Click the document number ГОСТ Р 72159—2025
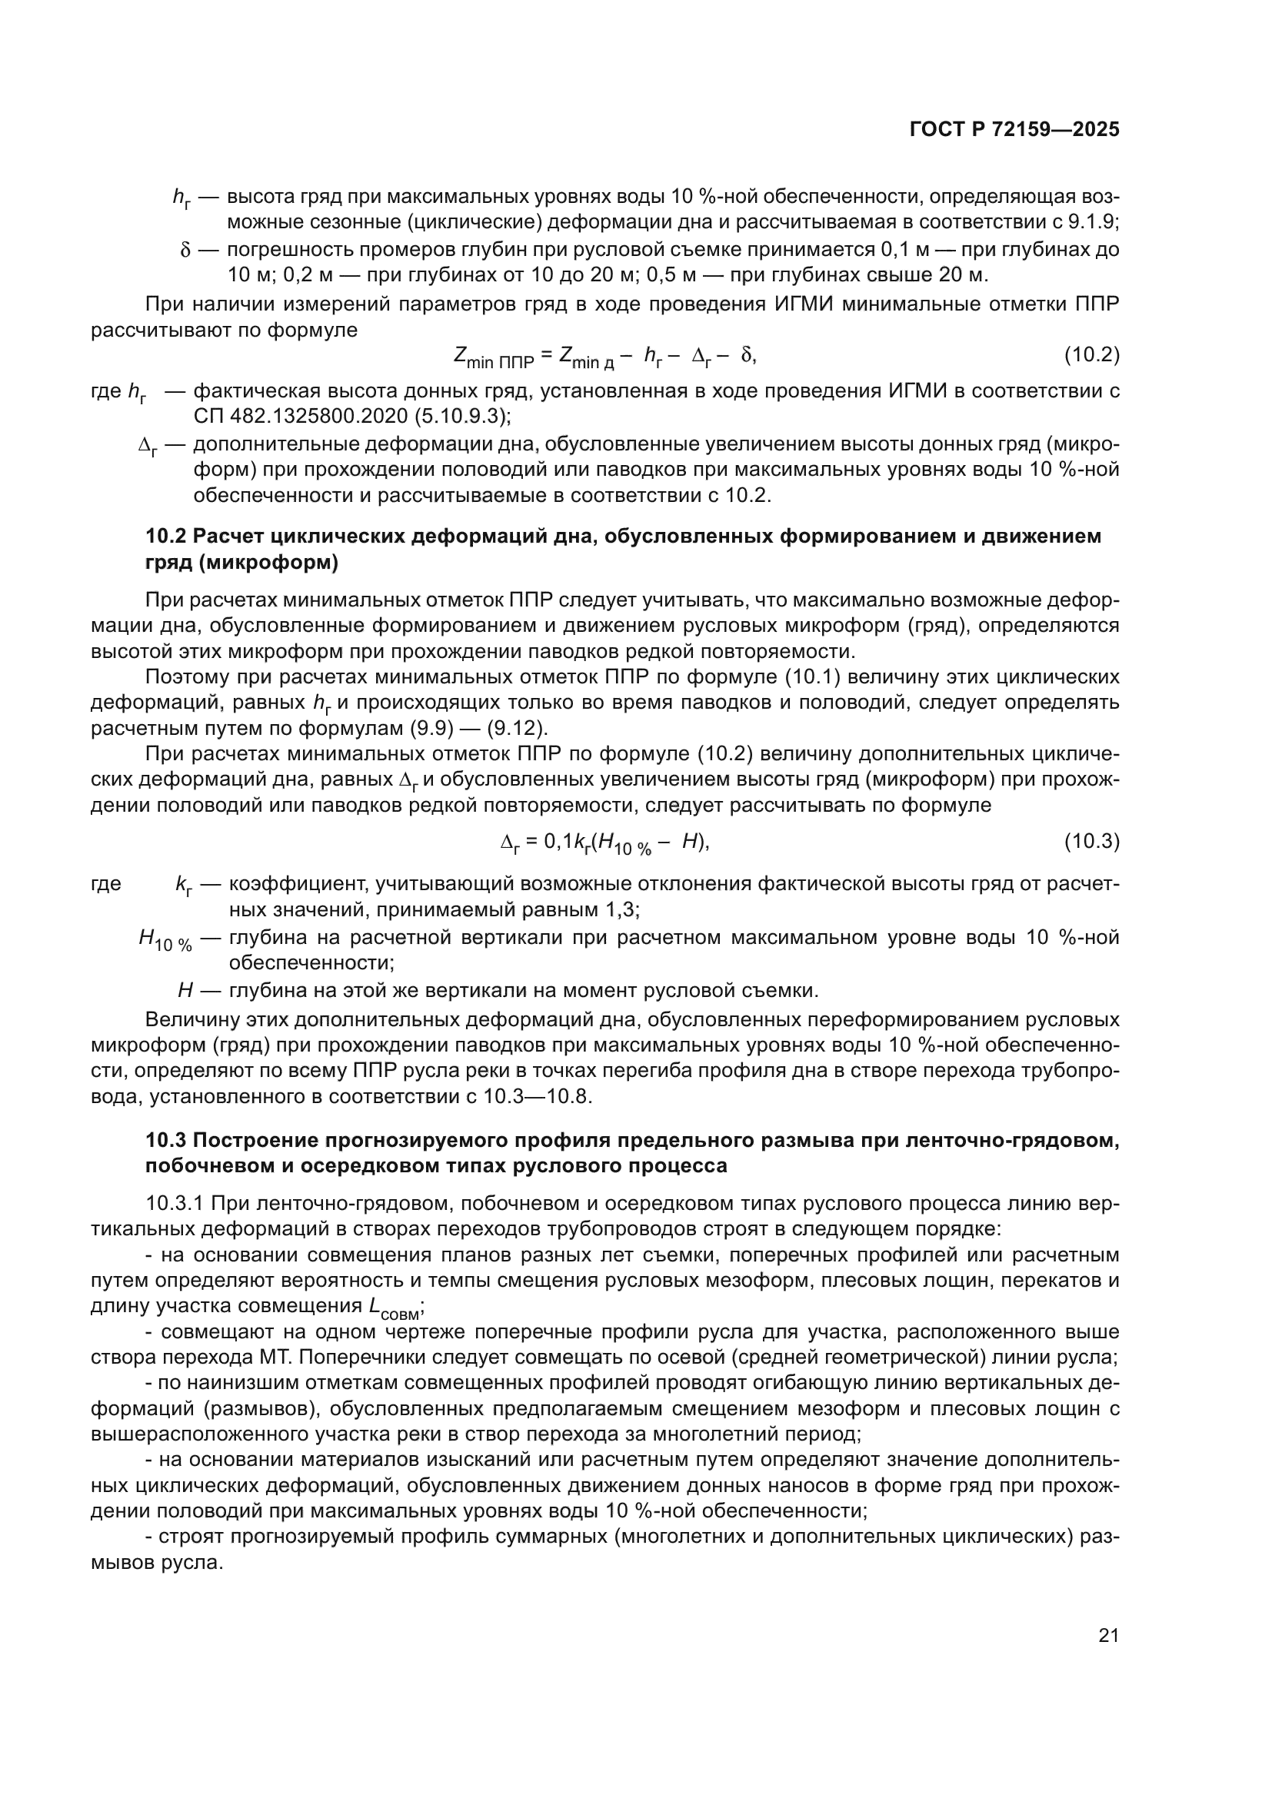click(1014, 130)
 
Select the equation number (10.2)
click(1091, 356)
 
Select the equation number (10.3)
click(1091, 842)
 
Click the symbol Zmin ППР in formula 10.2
click(493, 358)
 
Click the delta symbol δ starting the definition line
click(185, 251)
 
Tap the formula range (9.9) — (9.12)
click(477, 728)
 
